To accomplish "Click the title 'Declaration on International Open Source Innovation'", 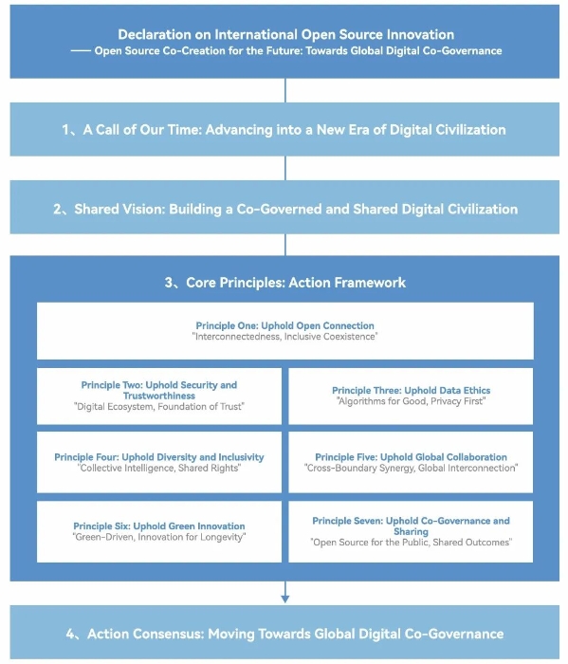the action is coord(285,34).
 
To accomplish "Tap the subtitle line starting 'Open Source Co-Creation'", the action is coord(298,51).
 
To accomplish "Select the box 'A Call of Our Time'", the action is coord(284,129).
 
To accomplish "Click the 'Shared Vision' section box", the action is coord(284,207).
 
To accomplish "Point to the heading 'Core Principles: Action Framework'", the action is coord(285,283).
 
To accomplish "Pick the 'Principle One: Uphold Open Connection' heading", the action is coord(284,325).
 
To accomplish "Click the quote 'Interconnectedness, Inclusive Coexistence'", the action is coord(284,337).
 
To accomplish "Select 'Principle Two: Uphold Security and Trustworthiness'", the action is coord(159,391).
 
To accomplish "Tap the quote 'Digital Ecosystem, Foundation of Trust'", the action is coord(159,407).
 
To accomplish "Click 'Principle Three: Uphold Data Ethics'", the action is coord(411,391).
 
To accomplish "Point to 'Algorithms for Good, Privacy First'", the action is coord(411,401).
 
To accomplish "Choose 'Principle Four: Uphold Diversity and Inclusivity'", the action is coord(159,457).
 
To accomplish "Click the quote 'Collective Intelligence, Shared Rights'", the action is coord(159,468).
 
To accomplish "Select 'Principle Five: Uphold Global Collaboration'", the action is coord(411,457).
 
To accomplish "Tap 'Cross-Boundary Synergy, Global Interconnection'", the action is coord(411,468).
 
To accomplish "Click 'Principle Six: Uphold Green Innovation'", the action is coord(159,526).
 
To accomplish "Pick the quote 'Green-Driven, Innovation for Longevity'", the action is coord(159,537).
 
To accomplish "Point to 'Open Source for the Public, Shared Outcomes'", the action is coord(411,543).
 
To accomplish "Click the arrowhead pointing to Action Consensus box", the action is coord(284,599).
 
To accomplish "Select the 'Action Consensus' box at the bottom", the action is coord(284,633).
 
